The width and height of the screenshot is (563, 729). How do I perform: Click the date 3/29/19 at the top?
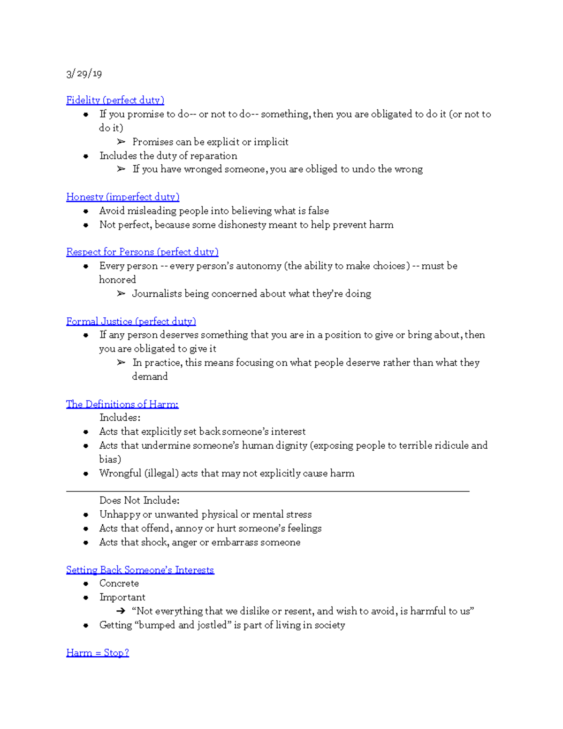coord(84,74)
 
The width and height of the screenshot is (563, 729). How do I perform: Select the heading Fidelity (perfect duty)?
coord(115,100)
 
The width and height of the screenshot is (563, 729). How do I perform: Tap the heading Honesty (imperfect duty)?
coord(122,197)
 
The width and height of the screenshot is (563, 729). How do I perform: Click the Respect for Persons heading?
coord(142,252)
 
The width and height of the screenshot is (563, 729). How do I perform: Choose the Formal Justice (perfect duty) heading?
coord(131,322)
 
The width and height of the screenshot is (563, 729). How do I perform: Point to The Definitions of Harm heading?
coord(122,404)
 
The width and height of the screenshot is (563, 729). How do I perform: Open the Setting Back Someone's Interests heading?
coord(140,570)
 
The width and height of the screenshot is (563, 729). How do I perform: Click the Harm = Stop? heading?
coord(97,653)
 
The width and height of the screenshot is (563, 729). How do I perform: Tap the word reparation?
coord(213,156)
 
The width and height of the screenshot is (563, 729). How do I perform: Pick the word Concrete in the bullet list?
coord(119,583)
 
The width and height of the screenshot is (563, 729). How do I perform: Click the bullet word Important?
coord(122,598)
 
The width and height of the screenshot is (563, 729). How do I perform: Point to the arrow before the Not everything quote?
coord(121,611)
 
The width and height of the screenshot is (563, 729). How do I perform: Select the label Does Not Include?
coord(139,500)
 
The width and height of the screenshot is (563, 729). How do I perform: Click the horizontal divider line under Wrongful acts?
coord(267,491)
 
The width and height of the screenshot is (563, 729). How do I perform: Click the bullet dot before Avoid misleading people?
coord(86,211)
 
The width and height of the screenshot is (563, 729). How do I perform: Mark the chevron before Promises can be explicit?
coord(121,142)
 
